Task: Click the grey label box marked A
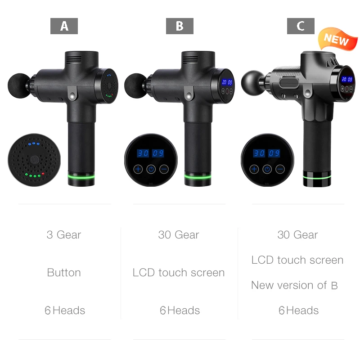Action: pos(64,26)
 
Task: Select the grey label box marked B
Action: pos(180,26)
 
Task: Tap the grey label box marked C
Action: pos(301,26)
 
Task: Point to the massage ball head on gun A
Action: pos(18,84)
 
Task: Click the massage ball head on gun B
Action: pos(135,84)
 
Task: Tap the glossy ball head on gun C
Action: pos(253,81)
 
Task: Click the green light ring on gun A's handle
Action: pos(81,176)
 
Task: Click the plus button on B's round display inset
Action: pos(138,169)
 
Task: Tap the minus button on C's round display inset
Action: pos(280,169)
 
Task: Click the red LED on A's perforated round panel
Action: pos(43,173)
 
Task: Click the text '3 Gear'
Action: pos(64,235)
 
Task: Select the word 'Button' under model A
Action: pos(64,273)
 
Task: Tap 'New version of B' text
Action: pos(294,285)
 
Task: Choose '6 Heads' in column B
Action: pos(180,310)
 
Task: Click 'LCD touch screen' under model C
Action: pos(297,260)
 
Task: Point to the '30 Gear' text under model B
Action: pos(179,235)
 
